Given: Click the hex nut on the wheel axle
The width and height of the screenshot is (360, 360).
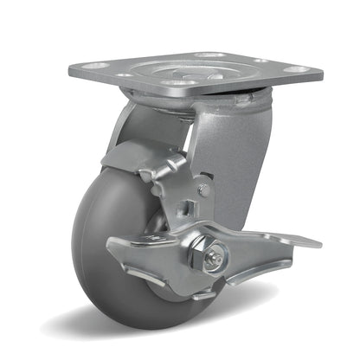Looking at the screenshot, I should pyautogui.click(x=215, y=254).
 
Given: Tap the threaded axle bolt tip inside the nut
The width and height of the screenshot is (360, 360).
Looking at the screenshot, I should pyautogui.click(x=216, y=255).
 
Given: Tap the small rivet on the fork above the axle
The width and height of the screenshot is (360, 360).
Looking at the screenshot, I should pyautogui.click(x=204, y=189).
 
